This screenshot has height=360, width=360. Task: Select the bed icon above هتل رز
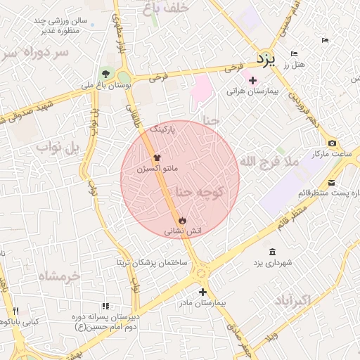[295, 54]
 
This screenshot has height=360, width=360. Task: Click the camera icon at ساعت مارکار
[332, 143]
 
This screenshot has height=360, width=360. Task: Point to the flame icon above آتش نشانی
[183, 219]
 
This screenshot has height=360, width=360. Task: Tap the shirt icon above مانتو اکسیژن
[156, 158]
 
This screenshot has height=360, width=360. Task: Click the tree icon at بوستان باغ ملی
[105, 72]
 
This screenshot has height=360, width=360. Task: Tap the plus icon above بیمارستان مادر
[202, 291]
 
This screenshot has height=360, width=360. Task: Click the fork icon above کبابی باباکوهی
[15, 311]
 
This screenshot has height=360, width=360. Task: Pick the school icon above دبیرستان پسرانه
[105, 306]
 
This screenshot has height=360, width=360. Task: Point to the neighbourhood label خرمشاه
[59, 275]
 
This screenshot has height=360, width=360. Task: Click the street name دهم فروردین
[302, 110]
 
